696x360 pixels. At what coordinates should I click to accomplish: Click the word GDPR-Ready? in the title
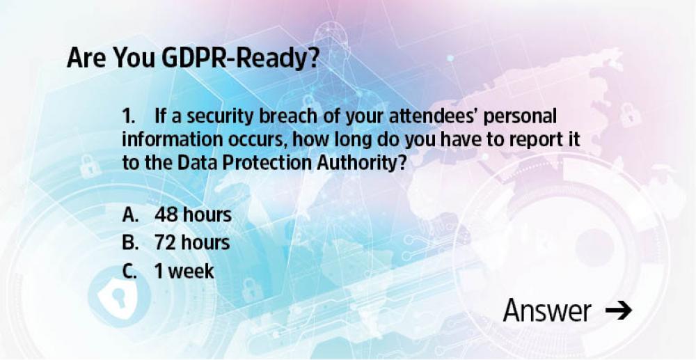click(240, 58)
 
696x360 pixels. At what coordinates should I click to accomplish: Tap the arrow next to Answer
click(618, 311)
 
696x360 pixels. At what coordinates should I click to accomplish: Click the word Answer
click(547, 311)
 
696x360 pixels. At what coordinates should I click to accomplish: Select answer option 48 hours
click(193, 215)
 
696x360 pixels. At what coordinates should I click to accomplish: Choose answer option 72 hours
click(192, 243)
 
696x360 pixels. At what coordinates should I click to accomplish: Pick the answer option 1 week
click(184, 271)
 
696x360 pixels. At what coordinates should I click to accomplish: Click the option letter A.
click(131, 215)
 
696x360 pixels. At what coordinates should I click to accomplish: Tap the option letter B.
click(131, 243)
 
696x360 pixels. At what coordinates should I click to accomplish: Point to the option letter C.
click(129, 271)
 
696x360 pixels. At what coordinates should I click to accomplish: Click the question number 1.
click(128, 117)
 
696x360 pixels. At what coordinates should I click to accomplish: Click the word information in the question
click(173, 140)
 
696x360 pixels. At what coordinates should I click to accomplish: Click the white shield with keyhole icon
click(118, 296)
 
